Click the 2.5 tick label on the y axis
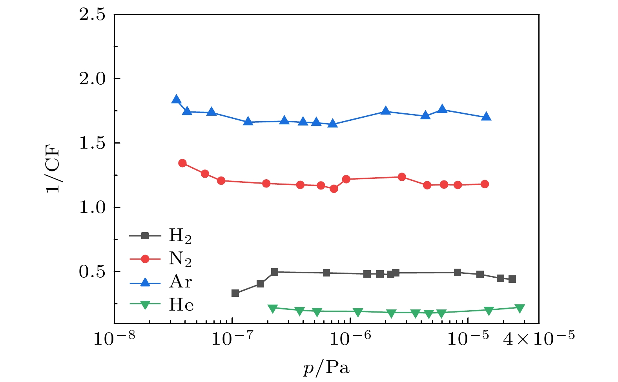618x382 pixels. tap(92, 15)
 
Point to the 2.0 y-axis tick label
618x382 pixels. tap(92, 79)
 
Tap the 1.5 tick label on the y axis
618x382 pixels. tap(92, 143)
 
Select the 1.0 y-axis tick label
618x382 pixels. tap(92, 207)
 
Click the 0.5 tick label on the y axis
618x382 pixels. tap(92, 272)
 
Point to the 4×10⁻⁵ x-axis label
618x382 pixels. tap(538, 338)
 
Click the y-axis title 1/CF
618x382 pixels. tap(53, 169)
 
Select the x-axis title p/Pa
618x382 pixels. tap(326, 368)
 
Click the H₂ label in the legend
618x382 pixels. tap(180, 236)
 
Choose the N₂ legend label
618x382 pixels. tap(180, 259)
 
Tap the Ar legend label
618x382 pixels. tap(180, 282)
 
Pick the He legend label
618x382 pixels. tap(181, 305)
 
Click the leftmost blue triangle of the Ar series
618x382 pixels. tap(176, 99)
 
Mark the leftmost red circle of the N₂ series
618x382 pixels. tap(182, 163)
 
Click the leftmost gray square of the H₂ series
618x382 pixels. tap(235, 293)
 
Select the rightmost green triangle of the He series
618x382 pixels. tap(520, 308)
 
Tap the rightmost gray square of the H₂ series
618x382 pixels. tap(512, 279)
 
